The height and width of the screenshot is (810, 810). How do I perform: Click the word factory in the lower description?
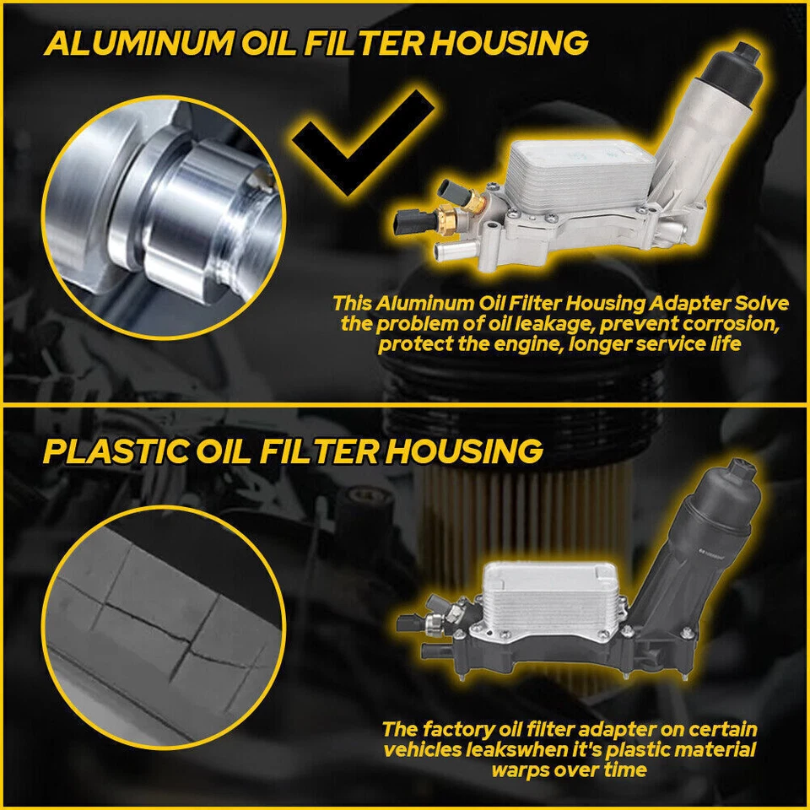[x=462, y=729]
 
